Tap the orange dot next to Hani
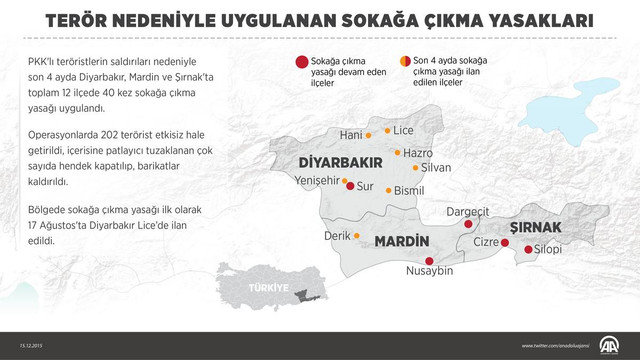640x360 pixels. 369,135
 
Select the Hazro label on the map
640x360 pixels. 417,152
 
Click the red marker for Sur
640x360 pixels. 349,186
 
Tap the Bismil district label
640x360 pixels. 410,190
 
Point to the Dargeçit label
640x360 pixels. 467,211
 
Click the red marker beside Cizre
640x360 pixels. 503,241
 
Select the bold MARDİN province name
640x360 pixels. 401,241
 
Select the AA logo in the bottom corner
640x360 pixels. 609,345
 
